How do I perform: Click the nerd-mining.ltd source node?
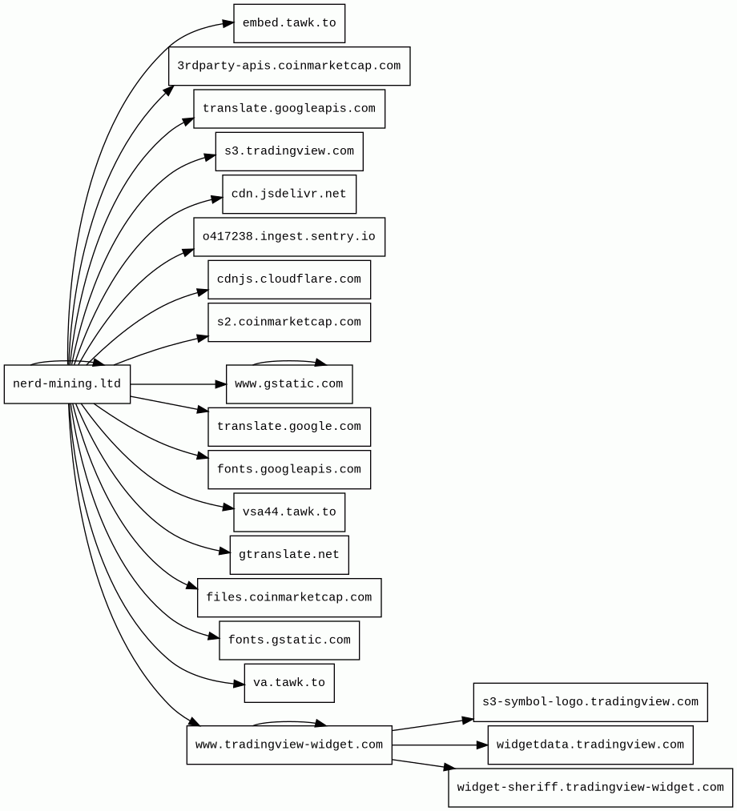coord(67,383)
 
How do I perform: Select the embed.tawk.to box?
coord(289,23)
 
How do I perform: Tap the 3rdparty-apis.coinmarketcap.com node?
coord(289,66)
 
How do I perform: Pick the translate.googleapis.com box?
coord(289,109)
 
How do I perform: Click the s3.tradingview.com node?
coord(289,151)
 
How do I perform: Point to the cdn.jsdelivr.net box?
coord(289,194)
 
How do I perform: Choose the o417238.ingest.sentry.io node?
coord(289,237)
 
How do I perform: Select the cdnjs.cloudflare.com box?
coord(289,279)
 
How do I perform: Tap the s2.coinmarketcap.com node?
coord(289,322)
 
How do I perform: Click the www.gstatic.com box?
coord(289,383)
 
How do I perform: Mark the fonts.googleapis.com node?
coord(289,470)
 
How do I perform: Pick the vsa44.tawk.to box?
coord(289,512)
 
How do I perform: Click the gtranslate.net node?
coord(289,555)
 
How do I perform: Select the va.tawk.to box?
coord(289,683)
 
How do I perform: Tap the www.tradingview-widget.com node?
coord(289,745)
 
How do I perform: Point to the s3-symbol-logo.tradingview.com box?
coord(590,702)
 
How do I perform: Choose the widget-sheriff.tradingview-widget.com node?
coord(590,788)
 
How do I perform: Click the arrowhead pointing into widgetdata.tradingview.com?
coord(481,745)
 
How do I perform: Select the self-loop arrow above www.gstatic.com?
coord(289,361)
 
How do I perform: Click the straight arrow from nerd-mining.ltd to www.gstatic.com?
coord(179,384)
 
